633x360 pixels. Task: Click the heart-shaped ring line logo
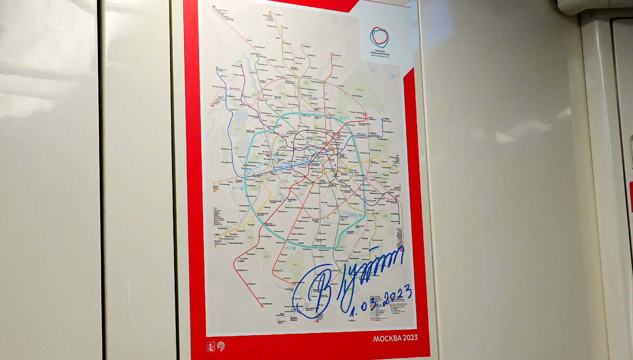tap(379, 37)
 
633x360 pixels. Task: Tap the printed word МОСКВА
tap(385, 338)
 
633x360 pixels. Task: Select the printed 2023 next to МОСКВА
tap(409, 338)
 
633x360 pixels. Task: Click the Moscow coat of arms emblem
tap(210, 347)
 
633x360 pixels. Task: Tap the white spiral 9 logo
tap(220, 347)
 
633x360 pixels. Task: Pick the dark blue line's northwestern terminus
tap(217, 68)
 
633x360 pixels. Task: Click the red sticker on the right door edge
tap(630, 195)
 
